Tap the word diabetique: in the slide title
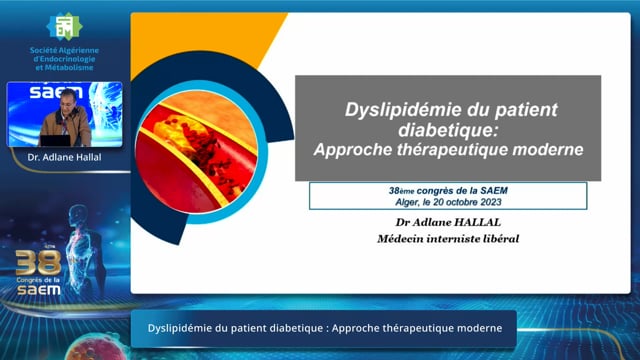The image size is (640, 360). [449, 130]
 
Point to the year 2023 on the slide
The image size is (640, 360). [490, 202]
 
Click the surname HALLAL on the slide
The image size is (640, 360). [478, 222]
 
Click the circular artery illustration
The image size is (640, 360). [198, 152]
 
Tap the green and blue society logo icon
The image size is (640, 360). [64, 27]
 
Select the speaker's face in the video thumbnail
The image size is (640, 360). [68, 100]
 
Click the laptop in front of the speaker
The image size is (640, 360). [55, 140]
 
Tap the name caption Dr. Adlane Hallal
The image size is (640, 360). [64, 157]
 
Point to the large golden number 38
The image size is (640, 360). [38, 263]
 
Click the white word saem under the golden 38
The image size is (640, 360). [39, 290]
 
